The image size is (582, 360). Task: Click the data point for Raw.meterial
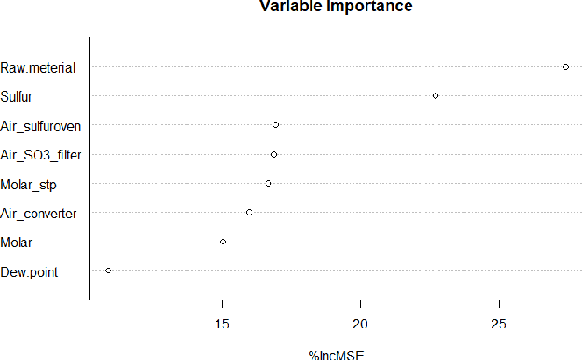566,67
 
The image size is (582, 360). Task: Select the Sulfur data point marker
436,96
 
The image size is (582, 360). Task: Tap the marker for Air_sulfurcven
276,125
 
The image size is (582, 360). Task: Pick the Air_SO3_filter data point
274,154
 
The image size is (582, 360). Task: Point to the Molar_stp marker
269,183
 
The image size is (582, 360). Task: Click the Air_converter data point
249,213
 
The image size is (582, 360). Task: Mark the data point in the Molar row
223,242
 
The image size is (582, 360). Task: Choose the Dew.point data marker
108,270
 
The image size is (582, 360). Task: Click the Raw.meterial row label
38,67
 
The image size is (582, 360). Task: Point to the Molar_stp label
29,184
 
